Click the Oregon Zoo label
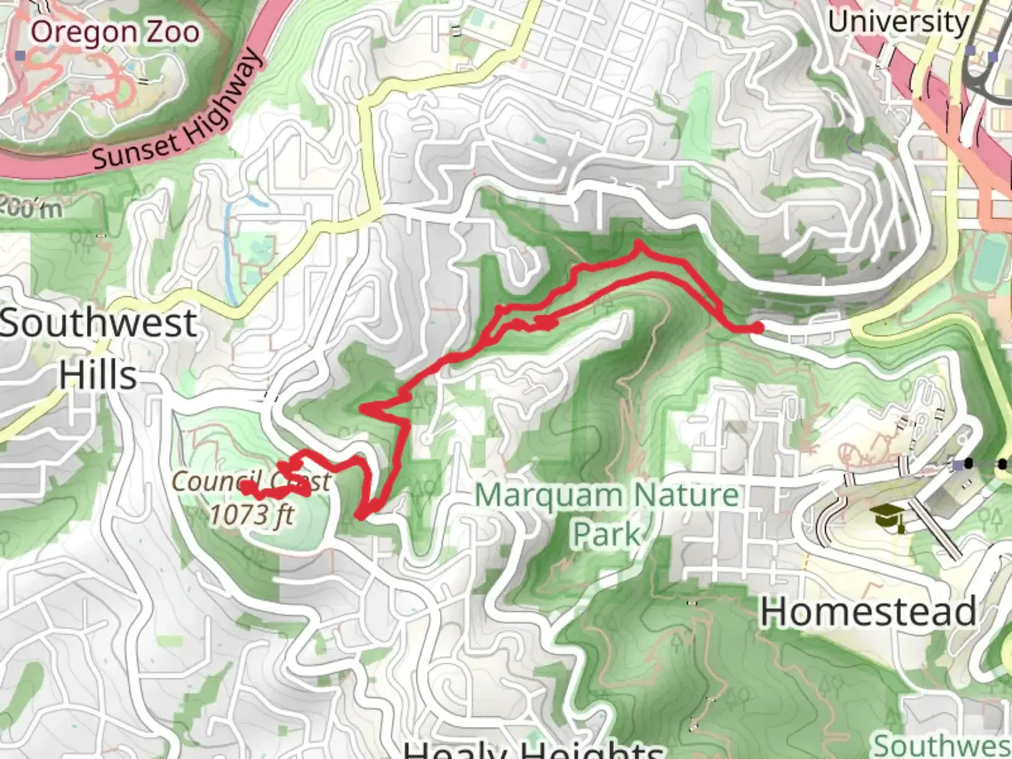[x=115, y=32]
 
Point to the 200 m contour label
[x=31, y=207]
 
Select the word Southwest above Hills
[x=98, y=323]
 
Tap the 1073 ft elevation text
[x=252, y=514]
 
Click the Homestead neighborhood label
[x=869, y=611]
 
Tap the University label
[x=897, y=22]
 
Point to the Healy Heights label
[x=534, y=749]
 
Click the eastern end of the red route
[x=757, y=327]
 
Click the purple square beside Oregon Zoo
[x=20, y=55]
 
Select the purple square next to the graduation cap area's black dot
[x=956, y=465]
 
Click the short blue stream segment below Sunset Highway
[x=259, y=200]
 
